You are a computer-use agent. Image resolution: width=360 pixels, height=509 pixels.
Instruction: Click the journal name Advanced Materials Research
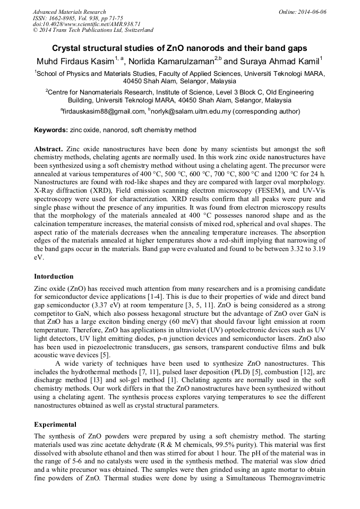tap(69, 12)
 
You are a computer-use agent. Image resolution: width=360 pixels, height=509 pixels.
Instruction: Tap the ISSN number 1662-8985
tap(64, 18)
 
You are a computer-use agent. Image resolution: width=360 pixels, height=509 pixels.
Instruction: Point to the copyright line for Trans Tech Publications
tap(93, 30)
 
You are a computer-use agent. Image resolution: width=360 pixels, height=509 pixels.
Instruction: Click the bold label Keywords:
tap(51, 130)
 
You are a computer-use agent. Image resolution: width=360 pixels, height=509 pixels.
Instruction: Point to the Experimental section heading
tap(55, 425)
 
